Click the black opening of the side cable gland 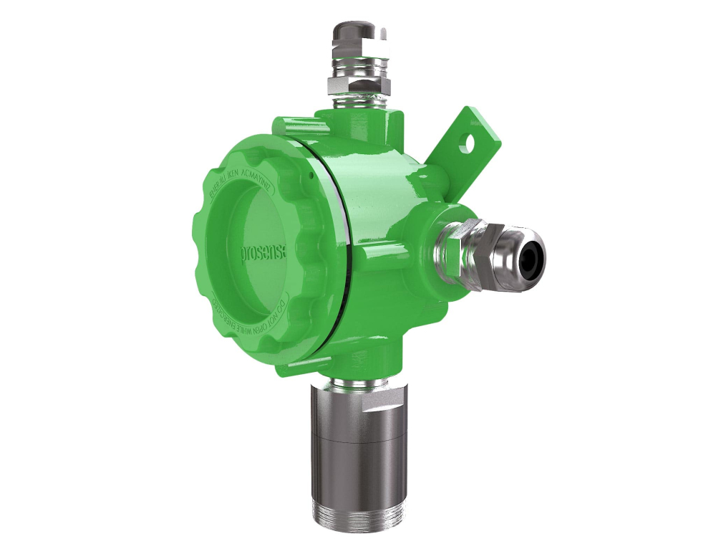(532, 252)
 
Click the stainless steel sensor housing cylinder (356, 444)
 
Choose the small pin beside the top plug (387, 32)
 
